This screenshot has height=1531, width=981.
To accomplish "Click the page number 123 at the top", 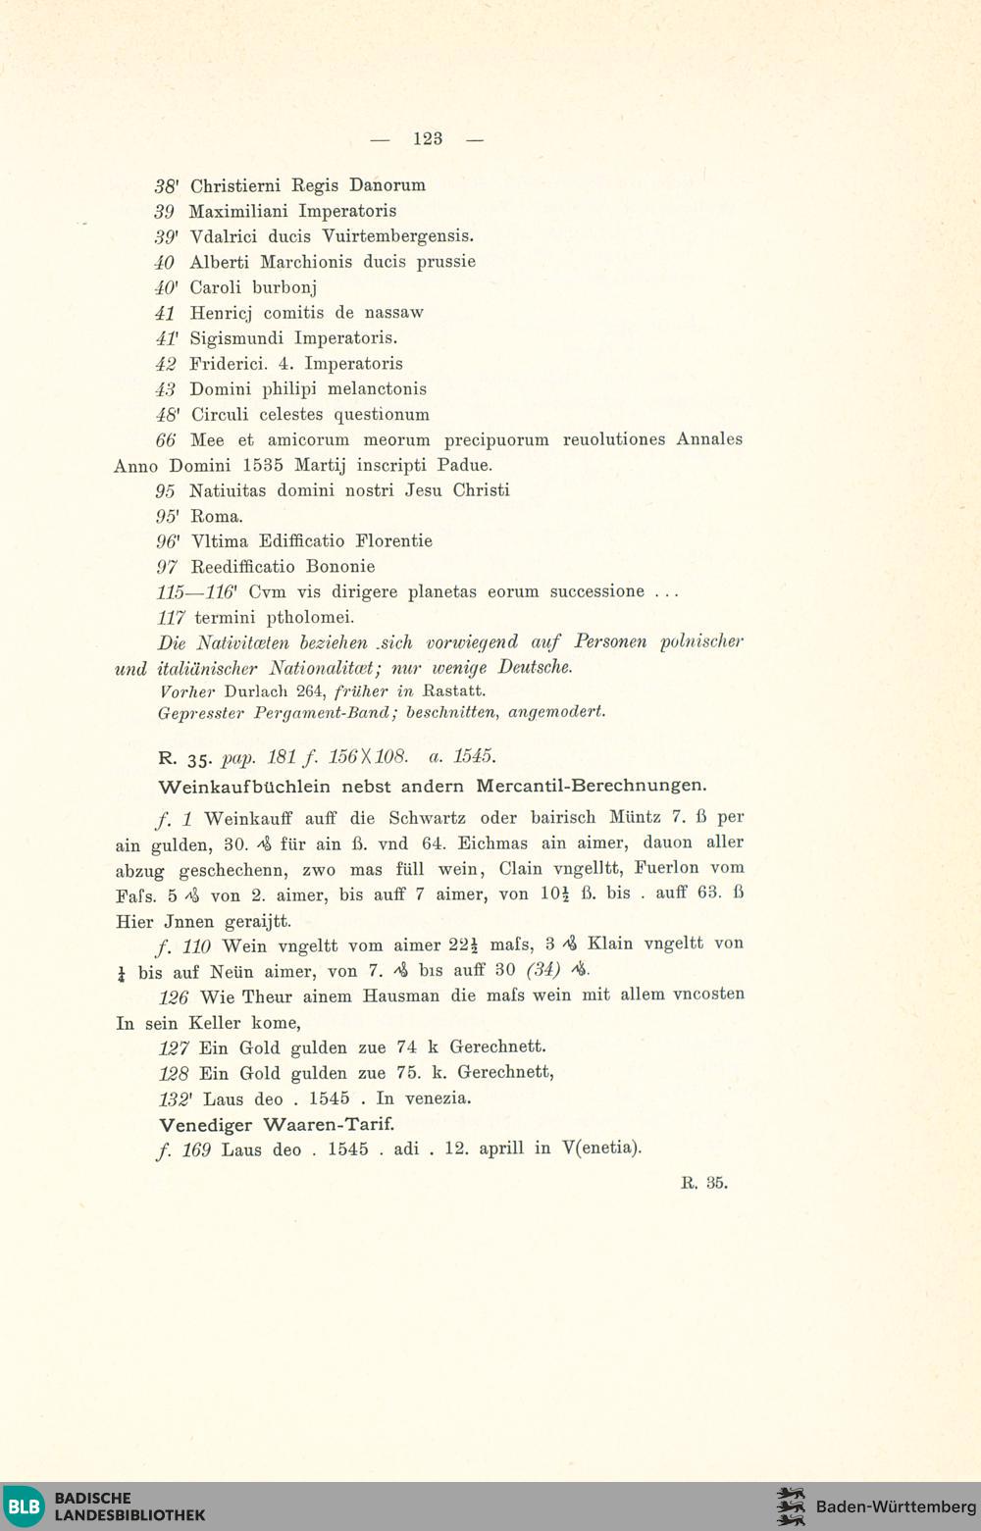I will [x=428, y=139].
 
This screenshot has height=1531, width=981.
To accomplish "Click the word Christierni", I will [x=235, y=185].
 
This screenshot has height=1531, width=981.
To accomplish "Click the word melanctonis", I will [x=377, y=389].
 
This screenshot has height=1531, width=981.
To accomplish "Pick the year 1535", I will [x=262, y=465].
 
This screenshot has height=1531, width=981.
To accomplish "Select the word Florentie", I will [x=394, y=541].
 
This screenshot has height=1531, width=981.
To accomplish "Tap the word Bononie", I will [x=340, y=567].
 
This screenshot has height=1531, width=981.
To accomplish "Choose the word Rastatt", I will [x=453, y=690].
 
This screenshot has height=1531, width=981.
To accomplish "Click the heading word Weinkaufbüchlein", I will [x=245, y=787].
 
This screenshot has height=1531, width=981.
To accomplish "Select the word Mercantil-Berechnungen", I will [x=592, y=786].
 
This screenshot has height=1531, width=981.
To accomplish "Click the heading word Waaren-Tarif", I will [x=329, y=1124].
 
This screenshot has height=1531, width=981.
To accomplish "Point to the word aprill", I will [x=501, y=1148].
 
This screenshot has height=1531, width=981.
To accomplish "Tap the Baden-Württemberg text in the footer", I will [x=896, y=1506].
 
